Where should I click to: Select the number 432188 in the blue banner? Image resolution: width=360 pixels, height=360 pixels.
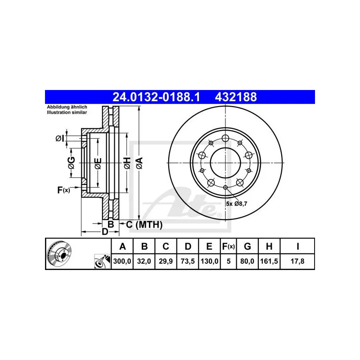coord(237,96)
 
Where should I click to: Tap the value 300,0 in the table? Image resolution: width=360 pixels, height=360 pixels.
coord(122,261)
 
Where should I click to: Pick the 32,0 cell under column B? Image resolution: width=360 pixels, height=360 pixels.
coord(144,261)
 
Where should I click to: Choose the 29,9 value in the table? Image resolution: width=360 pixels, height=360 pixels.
coord(166,261)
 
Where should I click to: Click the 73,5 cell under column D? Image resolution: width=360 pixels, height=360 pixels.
coord(188,261)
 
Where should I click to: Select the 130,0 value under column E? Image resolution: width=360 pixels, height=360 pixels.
coord(210,261)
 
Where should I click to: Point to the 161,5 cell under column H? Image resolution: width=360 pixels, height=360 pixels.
coord(269,261)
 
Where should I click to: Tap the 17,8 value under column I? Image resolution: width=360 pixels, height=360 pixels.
coord(297,261)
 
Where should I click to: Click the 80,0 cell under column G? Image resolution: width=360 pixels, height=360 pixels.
coord(247,261)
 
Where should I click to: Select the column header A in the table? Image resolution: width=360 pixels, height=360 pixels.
coord(122,246)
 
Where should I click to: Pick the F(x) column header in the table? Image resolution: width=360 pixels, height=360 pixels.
coord(229,246)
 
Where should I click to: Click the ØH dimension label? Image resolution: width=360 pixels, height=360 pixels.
coord(127,163)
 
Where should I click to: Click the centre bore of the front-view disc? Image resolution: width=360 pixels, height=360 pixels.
coord(225,162)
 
